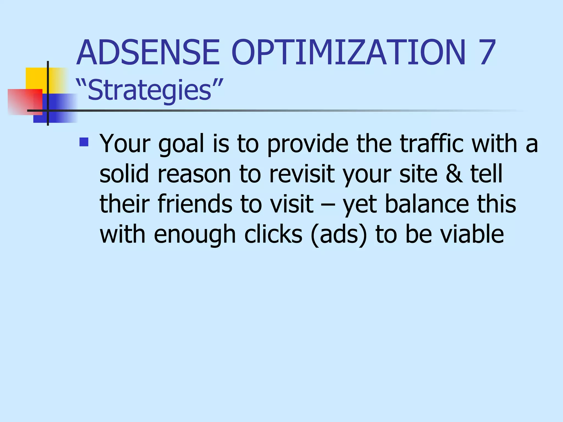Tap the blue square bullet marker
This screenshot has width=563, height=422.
84,142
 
